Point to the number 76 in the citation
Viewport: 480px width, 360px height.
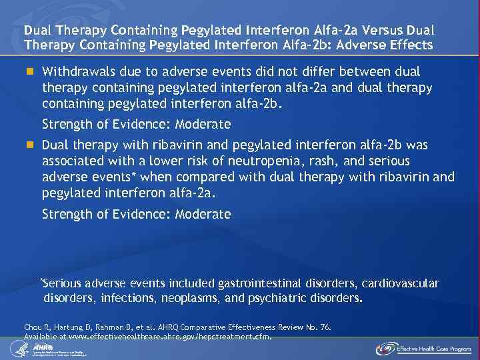click(325, 327)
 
